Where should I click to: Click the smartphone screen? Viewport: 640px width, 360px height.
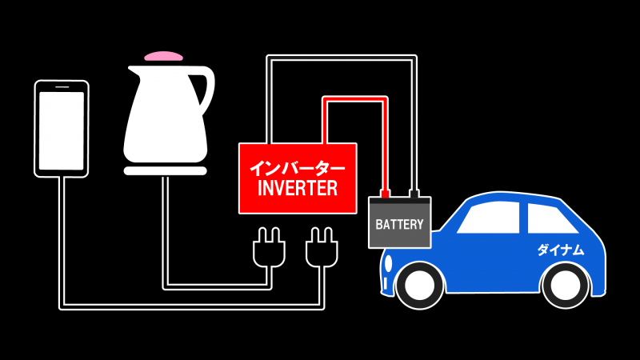pyautogui.click(x=62, y=128)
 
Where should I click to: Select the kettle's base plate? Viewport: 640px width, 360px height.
pyautogui.click(x=164, y=170)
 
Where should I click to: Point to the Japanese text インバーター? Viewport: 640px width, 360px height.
pyautogui.click(x=296, y=168)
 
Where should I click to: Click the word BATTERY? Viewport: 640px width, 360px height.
pyautogui.click(x=399, y=224)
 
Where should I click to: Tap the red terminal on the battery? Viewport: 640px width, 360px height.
pyautogui.click(x=385, y=193)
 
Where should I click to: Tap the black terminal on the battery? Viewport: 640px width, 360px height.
pyautogui.click(x=414, y=193)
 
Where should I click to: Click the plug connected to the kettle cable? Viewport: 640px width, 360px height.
pyautogui.click(x=266, y=249)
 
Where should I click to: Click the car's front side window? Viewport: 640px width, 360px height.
pyautogui.click(x=489, y=217)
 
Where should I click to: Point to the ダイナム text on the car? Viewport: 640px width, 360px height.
pyautogui.click(x=560, y=250)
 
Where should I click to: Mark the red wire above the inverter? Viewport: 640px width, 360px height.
pyautogui.click(x=352, y=99)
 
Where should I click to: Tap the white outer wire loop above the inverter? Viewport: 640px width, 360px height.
pyautogui.click(x=340, y=57)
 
